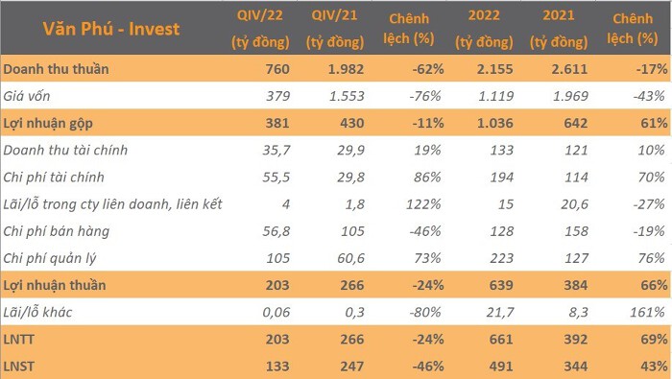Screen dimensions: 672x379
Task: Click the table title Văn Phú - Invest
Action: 111,29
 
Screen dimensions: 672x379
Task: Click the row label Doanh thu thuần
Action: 56,69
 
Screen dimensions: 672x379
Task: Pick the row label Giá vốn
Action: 27,96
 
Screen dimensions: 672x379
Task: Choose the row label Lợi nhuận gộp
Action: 48,124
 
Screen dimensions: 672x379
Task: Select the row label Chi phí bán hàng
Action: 56,231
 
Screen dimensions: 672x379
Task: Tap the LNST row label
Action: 18,367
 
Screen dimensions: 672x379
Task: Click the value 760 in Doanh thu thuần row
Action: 277,69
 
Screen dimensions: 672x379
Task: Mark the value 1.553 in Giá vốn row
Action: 347,96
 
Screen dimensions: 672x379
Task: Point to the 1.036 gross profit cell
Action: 495,124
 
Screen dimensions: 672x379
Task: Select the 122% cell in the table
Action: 424,204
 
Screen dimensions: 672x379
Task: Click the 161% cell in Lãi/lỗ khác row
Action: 647,312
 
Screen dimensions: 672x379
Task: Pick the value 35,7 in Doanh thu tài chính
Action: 276,151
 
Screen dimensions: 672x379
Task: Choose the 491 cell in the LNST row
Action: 501,367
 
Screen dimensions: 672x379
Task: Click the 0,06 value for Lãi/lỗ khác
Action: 276,312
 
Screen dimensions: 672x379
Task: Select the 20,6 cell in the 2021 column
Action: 574,204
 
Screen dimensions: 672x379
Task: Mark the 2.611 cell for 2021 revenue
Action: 569,69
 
